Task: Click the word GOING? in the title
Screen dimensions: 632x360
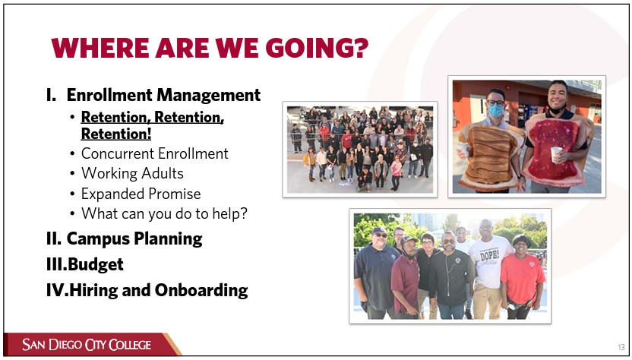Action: click(x=317, y=49)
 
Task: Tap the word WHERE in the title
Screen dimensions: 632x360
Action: click(x=100, y=49)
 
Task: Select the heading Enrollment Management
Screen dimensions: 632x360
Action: click(x=163, y=95)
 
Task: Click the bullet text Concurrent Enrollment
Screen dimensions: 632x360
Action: click(x=155, y=153)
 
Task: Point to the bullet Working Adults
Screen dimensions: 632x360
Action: click(x=132, y=173)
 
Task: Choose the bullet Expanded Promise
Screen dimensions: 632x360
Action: click(x=141, y=194)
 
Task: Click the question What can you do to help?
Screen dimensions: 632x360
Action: click(x=164, y=213)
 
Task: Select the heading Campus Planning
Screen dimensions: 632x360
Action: click(x=134, y=238)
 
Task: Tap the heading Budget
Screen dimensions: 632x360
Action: click(x=96, y=264)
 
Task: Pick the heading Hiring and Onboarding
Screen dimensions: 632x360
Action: click(x=159, y=290)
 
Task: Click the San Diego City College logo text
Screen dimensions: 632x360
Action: click(x=87, y=345)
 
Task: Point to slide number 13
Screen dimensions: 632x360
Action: click(x=621, y=346)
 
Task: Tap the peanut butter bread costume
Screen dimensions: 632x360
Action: click(x=488, y=156)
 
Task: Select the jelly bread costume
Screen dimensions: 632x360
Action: click(x=556, y=149)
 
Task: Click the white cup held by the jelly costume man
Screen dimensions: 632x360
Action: click(x=556, y=154)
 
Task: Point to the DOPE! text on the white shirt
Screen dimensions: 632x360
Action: click(x=489, y=254)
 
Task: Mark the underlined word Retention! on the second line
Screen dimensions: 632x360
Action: click(x=116, y=134)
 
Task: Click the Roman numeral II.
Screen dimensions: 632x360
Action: click(x=54, y=238)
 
